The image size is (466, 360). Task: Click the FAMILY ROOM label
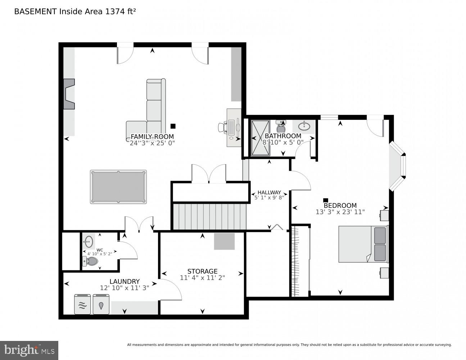(x=152, y=136)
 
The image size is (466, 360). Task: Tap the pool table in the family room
(x=118, y=187)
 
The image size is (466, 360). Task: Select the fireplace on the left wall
(x=69, y=94)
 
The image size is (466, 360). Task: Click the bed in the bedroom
(x=363, y=244)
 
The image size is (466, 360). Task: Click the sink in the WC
(x=89, y=241)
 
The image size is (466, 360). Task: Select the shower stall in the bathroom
(x=260, y=138)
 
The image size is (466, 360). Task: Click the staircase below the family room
(x=209, y=216)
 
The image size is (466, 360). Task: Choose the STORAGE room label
(x=202, y=271)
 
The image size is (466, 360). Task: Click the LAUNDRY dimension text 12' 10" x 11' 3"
(x=125, y=288)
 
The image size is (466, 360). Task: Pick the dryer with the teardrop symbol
(x=101, y=304)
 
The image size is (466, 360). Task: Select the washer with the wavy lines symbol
(x=82, y=304)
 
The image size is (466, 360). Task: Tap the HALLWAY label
(x=269, y=193)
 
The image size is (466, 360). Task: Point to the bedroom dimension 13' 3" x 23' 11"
(x=340, y=212)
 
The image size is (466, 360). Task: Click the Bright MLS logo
(x=29, y=350)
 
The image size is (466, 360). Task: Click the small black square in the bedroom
(x=326, y=200)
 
